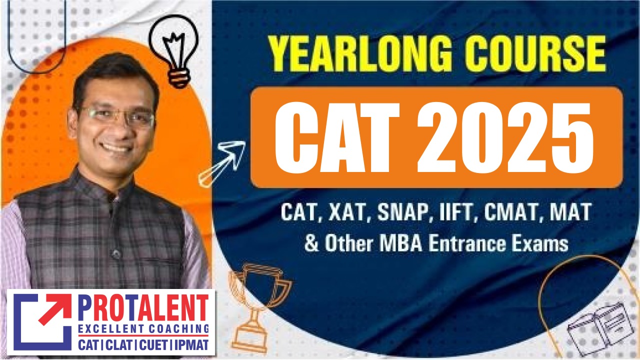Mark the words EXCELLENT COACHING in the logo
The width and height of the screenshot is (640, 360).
pyautogui.click(x=143, y=329)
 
